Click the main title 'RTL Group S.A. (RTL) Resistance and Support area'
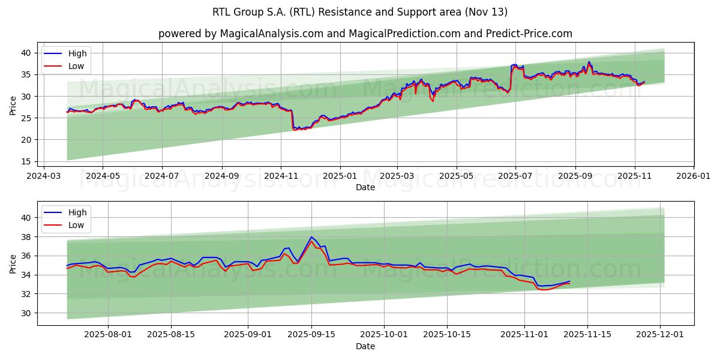(360, 12)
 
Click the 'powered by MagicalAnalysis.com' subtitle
(365, 34)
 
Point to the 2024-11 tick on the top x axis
(281, 177)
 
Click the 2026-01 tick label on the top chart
(694, 177)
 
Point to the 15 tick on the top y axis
(26, 161)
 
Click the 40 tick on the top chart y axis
(26, 53)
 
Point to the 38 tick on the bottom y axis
(26, 237)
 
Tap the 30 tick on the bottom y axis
(26, 313)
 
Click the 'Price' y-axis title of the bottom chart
(13, 263)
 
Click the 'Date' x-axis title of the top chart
(365, 187)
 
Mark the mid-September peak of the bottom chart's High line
(311, 237)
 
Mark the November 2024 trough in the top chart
(295, 129)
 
